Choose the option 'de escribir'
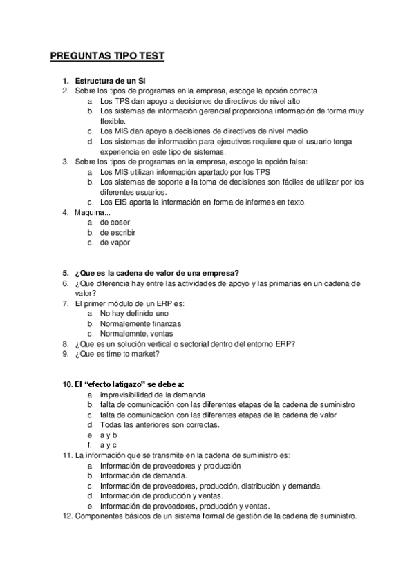tap(117, 232)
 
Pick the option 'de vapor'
tap(115, 243)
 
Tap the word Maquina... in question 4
tap(92, 212)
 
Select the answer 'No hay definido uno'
tap(134, 313)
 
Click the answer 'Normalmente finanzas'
tap(140, 323)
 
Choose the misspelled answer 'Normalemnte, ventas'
tap(137, 333)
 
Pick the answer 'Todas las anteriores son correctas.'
tap(160, 425)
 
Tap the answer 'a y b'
tap(109, 435)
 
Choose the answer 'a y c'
tap(109, 445)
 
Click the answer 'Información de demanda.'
tap(143, 475)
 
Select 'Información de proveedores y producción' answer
tap(170, 466)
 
